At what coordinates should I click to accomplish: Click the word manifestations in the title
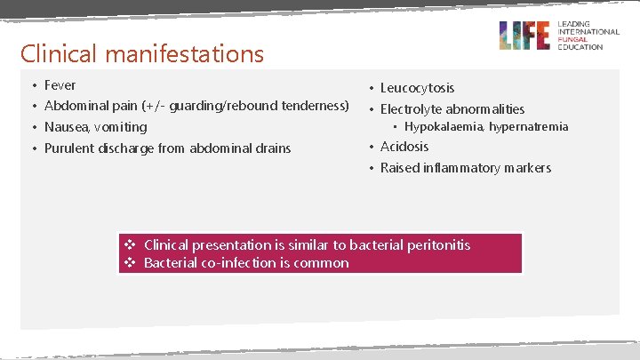click(182, 54)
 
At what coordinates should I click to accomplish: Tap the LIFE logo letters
click(524, 35)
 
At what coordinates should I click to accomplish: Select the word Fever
click(60, 85)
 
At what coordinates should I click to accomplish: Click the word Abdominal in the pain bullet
click(74, 106)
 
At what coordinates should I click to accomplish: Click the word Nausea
click(66, 127)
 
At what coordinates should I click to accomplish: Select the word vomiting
click(120, 127)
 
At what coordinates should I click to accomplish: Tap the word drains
click(272, 148)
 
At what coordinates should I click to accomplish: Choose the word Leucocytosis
click(417, 88)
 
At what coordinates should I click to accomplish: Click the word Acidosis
click(404, 147)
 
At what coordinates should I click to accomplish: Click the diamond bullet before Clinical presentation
click(130, 244)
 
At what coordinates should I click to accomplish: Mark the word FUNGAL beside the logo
click(572, 39)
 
